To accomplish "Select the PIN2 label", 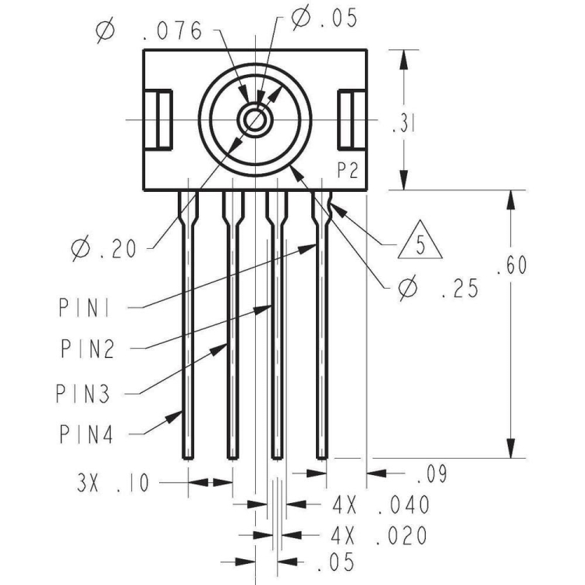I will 87,349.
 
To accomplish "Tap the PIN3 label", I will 83,392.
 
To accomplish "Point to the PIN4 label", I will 87,434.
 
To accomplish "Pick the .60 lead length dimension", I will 512,266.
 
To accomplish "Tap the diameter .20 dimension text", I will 105,249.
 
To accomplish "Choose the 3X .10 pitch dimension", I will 112,483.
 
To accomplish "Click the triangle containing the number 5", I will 420,245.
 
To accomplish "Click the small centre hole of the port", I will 253,120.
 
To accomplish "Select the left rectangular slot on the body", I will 164,120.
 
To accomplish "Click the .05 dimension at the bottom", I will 336,562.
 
